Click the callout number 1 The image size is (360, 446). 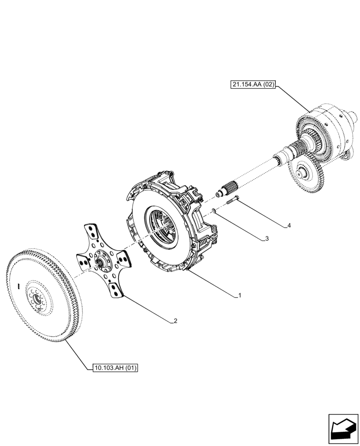pyautogui.click(x=240, y=295)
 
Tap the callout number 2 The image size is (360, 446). pyautogui.click(x=176, y=320)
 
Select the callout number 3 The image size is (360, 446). pyautogui.click(x=267, y=239)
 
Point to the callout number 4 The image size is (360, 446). pyautogui.click(x=289, y=226)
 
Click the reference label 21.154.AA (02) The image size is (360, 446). pyautogui.click(x=253, y=84)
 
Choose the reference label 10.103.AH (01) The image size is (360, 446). pyautogui.click(x=116, y=368)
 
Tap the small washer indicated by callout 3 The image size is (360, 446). pyautogui.click(x=214, y=210)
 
